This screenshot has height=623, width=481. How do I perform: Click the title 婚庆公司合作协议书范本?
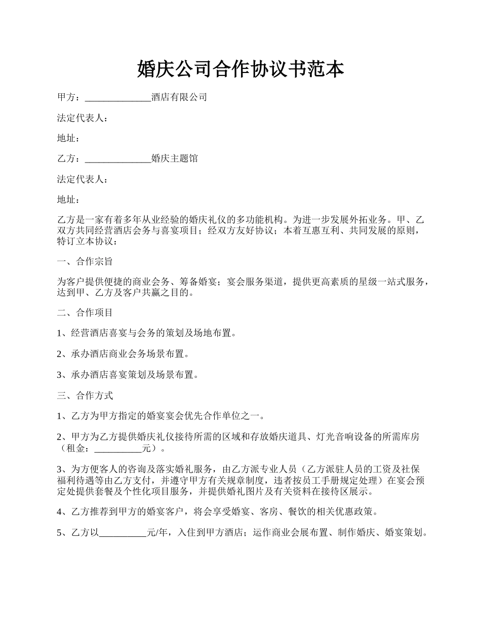pos(240,69)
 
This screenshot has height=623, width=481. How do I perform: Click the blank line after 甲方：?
pos(118,97)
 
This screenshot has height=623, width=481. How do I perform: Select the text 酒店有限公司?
pos(179,97)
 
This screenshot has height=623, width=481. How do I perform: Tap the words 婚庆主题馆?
pos(175,159)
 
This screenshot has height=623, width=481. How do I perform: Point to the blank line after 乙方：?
pos(118,159)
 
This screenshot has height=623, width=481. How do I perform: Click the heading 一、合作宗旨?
pos(85,261)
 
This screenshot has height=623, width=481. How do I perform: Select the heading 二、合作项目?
pos(85,313)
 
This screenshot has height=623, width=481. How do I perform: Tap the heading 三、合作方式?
pos(85,395)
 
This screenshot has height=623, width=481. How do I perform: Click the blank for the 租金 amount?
pos(118,448)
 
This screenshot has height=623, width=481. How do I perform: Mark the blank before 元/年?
pos(122,532)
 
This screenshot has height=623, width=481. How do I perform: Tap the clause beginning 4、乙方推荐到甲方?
pos(218,512)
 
